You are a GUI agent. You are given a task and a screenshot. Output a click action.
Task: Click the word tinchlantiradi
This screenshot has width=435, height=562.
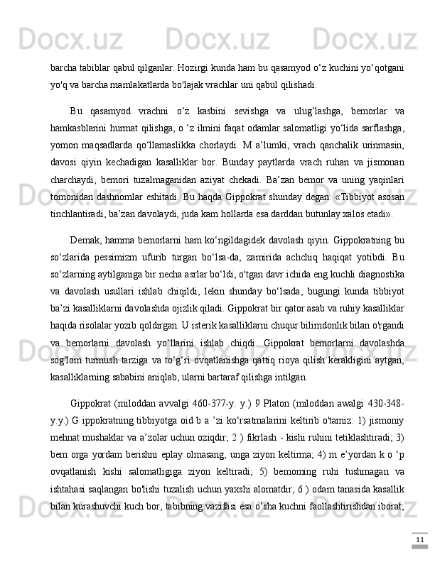coord(80,214)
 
